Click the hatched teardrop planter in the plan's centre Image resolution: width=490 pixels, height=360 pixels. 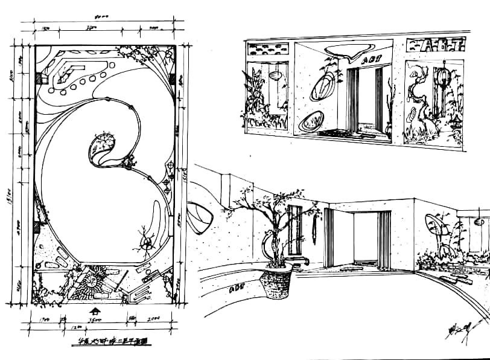[101, 147]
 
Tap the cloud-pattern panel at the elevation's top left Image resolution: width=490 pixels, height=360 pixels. [268, 50]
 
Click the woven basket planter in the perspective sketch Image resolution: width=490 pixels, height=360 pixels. [277, 283]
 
